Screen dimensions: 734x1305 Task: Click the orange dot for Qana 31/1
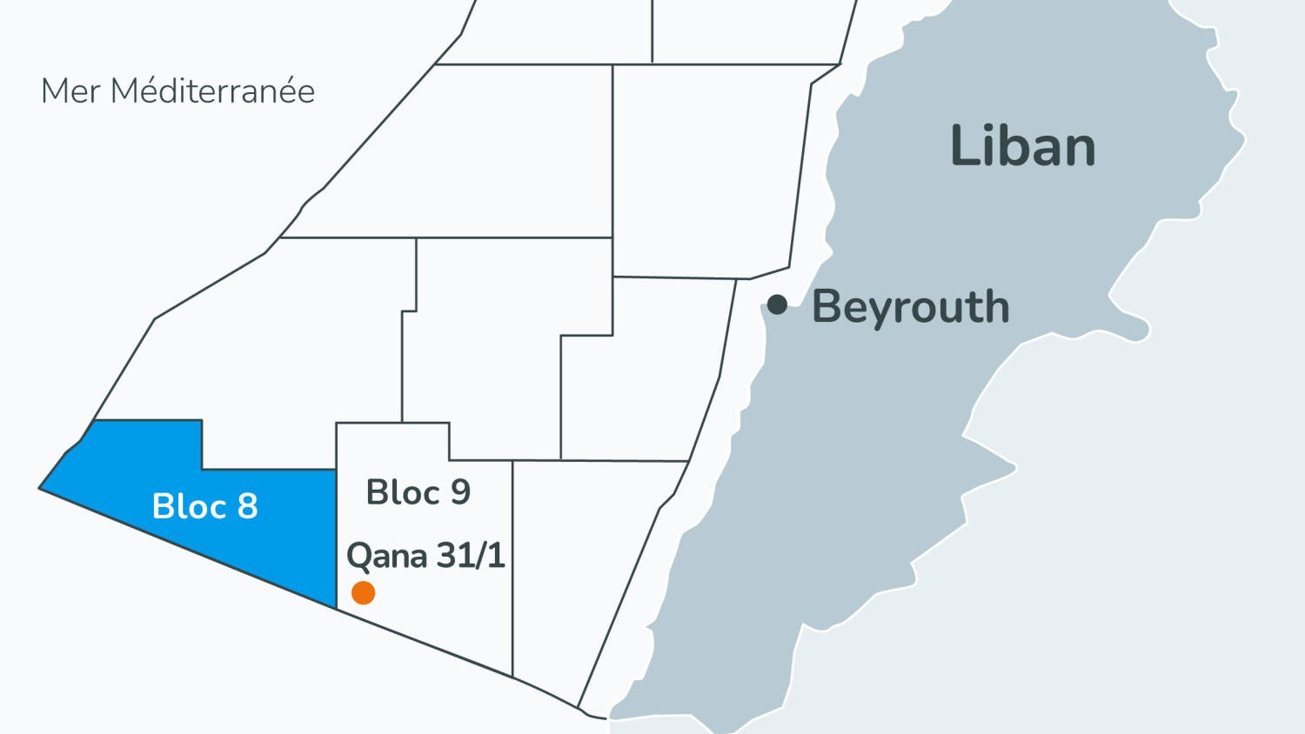tap(363, 592)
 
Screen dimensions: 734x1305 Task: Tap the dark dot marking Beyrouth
tap(777, 304)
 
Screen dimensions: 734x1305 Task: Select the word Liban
tap(1022, 146)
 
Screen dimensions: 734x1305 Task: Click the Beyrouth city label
tap(910, 307)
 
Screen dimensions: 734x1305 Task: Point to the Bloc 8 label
tap(204, 506)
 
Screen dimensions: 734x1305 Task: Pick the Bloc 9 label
tap(418, 492)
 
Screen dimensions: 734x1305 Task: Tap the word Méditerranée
tap(213, 90)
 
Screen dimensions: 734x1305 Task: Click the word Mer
tap(71, 90)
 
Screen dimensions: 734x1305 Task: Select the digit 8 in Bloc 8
tap(248, 506)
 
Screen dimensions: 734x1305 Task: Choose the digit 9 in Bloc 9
tap(459, 492)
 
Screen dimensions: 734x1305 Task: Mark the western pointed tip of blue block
tap(41, 488)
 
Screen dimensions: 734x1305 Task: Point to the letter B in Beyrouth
tap(827, 307)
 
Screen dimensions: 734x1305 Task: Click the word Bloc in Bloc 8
tap(188, 506)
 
